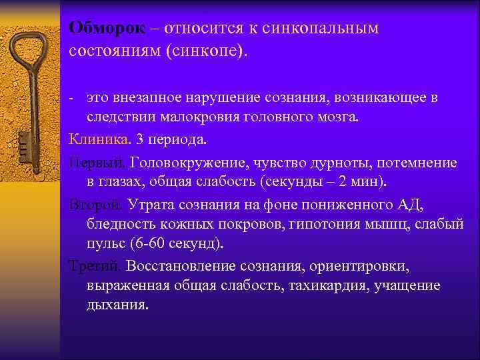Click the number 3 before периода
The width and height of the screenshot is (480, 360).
[139, 141]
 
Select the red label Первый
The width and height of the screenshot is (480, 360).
[98, 163]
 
